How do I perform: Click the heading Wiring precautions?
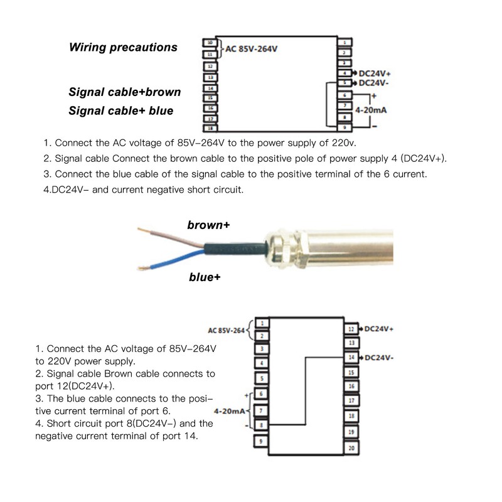[x=123, y=48]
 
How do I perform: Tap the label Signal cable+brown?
[x=124, y=92]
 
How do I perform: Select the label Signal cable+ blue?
[x=120, y=111]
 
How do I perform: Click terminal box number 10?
[x=210, y=43]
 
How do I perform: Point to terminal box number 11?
[x=210, y=55]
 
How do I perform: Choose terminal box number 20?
[x=351, y=448]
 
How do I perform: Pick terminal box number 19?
[x=351, y=432]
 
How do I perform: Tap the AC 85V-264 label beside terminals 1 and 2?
[x=227, y=330]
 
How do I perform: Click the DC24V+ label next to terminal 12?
[x=378, y=328]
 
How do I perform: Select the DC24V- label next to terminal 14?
[x=378, y=357]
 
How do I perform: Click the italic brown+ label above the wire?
[x=208, y=225]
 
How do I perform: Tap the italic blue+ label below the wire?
[x=205, y=277]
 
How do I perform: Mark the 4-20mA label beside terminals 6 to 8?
[x=230, y=412]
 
